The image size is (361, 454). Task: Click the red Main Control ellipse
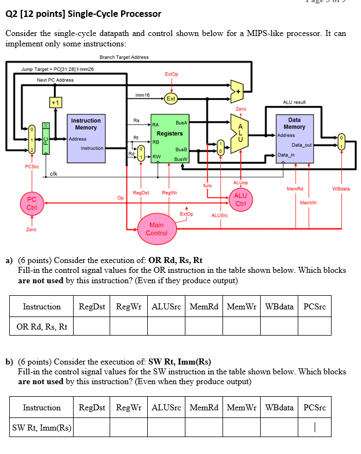click(x=157, y=229)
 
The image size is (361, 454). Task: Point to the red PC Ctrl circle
click(x=32, y=204)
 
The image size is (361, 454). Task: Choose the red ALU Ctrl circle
click(x=240, y=200)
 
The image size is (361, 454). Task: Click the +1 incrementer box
click(x=55, y=102)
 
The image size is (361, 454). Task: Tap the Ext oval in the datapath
click(x=171, y=99)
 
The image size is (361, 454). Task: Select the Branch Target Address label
click(x=124, y=57)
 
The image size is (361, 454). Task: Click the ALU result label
click(x=294, y=102)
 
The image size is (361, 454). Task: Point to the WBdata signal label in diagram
click(x=341, y=189)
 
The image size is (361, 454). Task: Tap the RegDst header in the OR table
click(x=92, y=307)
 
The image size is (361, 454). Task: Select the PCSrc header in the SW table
click(x=314, y=408)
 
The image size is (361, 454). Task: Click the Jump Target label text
click(x=57, y=69)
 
